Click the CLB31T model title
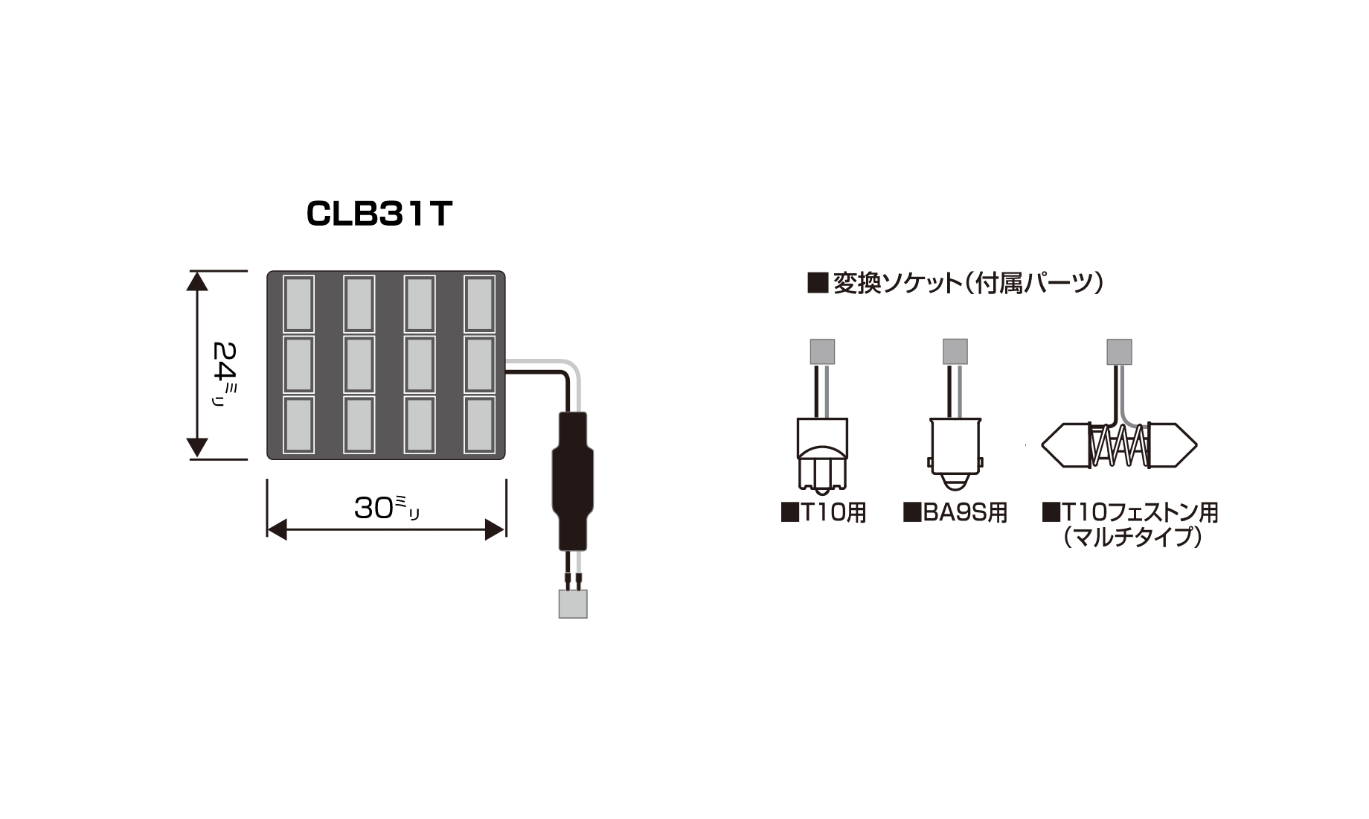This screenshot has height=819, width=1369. (x=379, y=214)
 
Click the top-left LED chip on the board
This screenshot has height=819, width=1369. (x=298, y=304)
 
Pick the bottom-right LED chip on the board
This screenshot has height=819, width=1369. (x=479, y=424)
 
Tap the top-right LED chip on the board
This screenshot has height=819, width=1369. (x=479, y=304)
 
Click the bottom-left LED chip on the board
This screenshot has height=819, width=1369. (x=298, y=424)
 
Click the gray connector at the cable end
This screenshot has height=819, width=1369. (x=573, y=604)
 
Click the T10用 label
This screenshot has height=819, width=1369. (x=824, y=513)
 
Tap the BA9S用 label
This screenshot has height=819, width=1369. (x=955, y=513)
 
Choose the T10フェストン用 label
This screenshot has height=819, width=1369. (x=1130, y=513)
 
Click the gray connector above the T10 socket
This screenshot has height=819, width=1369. (x=822, y=351)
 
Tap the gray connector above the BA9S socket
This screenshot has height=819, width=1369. (x=955, y=351)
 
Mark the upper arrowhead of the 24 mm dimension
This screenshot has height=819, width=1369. (x=197, y=281)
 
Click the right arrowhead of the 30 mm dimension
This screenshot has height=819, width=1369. (x=496, y=530)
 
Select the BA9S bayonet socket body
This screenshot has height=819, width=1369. (x=955, y=450)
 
